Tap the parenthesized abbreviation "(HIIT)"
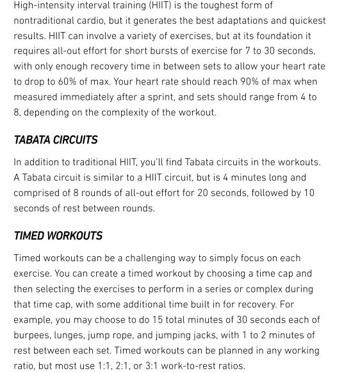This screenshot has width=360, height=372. click(160, 5)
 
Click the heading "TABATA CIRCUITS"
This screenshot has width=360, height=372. click(56, 140)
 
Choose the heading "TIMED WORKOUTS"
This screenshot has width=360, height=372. click(58, 236)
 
